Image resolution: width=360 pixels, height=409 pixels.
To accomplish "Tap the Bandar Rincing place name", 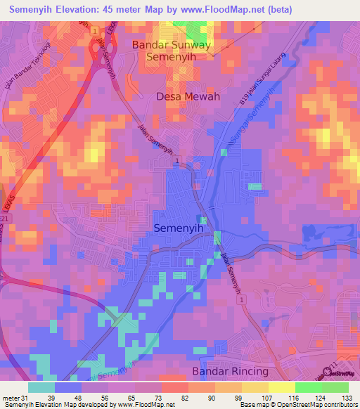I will coord(230,371).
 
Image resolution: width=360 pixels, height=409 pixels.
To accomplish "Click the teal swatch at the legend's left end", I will coord(41,387).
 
